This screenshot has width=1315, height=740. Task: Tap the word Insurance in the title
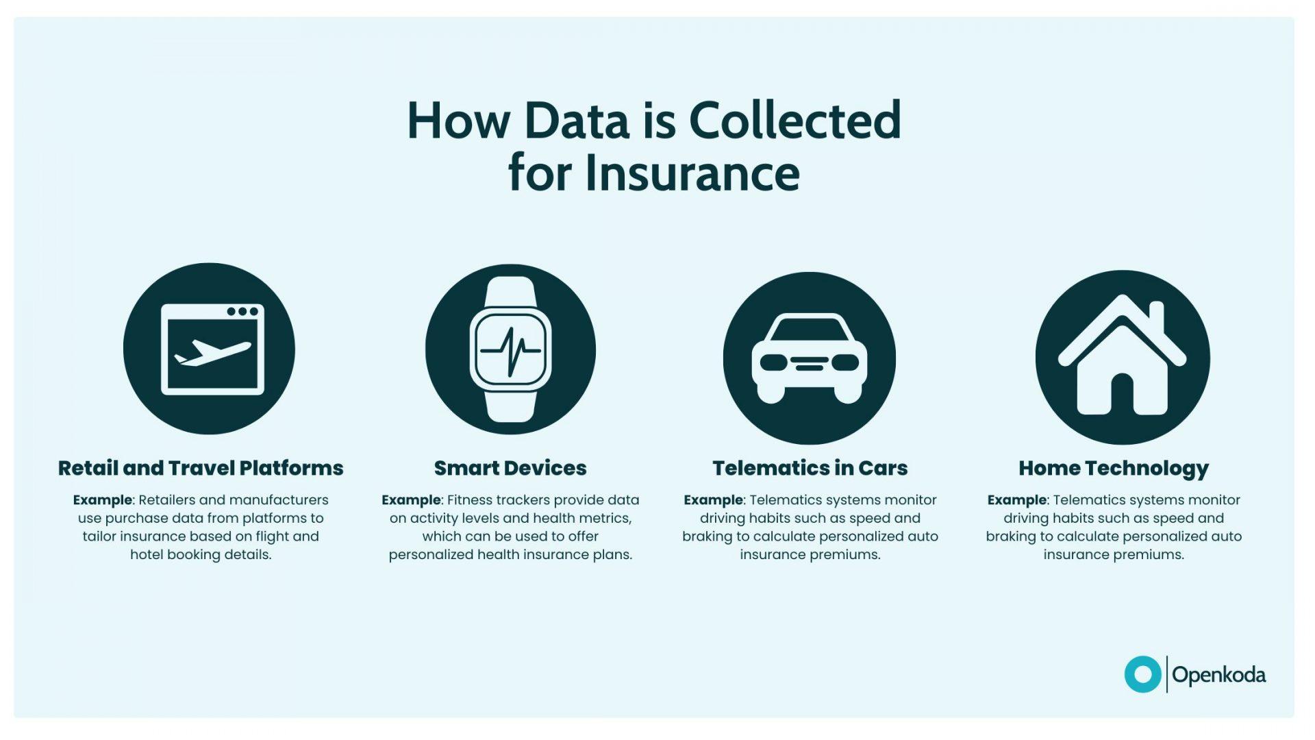point(692,173)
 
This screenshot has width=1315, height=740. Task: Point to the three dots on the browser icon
point(242,312)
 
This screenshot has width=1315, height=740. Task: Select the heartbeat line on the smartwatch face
point(510,351)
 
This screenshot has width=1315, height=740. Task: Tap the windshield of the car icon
point(810,330)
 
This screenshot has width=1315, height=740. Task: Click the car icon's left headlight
point(773,362)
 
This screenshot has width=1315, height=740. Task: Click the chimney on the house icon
point(1157,316)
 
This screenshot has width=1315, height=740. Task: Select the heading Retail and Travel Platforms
point(201,468)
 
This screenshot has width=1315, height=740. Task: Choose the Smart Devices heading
point(510,468)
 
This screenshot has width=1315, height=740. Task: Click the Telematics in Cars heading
point(810,468)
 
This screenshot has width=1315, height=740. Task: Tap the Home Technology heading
point(1114,468)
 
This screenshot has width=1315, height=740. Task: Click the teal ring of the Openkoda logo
point(1142,674)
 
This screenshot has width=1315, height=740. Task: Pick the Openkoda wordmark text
point(1218,675)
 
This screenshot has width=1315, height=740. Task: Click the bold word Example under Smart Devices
point(411,500)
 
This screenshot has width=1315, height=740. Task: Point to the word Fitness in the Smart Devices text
point(473,500)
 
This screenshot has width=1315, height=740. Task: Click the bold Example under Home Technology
point(1016,500)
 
